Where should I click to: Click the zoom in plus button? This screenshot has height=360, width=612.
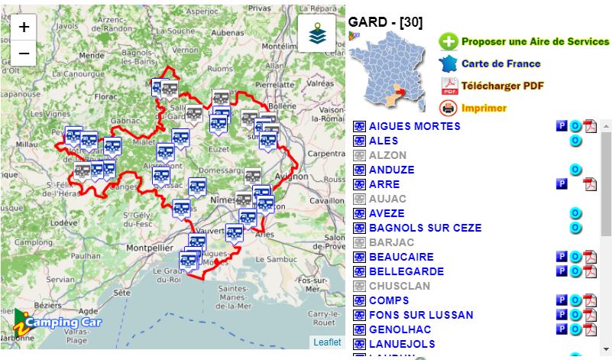24,27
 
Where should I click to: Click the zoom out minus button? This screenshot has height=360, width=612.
24,53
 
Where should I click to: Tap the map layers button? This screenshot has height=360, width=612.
316,34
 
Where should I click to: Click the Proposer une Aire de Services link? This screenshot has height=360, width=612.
535,42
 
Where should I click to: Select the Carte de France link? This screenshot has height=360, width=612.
500,64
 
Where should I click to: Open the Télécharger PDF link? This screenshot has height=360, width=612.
502,86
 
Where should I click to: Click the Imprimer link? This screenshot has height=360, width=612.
484,108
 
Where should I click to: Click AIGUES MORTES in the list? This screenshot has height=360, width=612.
414,126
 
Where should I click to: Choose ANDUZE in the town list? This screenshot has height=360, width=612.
391,170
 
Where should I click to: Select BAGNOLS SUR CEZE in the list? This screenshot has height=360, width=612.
425,228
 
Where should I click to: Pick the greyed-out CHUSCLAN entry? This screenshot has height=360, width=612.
399,286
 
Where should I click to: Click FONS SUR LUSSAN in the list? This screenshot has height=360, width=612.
421,315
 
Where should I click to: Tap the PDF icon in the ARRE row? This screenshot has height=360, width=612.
590,184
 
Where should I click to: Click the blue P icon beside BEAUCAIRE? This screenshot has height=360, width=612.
562,257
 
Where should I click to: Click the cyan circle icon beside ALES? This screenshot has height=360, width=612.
575,141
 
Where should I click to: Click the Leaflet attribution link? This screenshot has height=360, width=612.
326,342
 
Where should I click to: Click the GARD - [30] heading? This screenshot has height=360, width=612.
385,22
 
